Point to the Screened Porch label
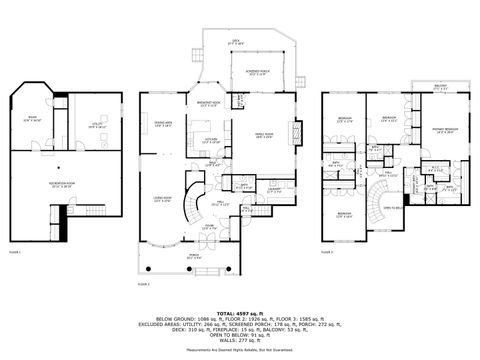tap(257, 73)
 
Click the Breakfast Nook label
tap(209, 103)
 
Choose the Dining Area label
tap(162, 124)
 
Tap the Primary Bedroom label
tap(445, 130)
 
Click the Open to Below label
tap(393, 207)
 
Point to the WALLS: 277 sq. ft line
tap(240, 343)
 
